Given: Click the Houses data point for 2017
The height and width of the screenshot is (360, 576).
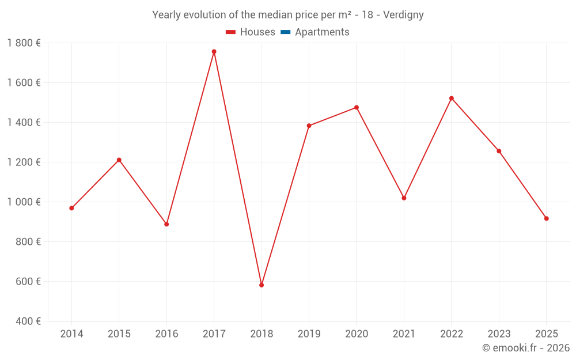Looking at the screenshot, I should pyautogui.click(x=214, y=51).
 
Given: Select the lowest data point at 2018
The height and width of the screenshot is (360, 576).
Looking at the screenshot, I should pyautogui.click(x=262, y=285).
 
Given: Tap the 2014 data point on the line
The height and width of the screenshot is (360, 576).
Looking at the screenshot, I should pyautogui.click(x=71, y=208).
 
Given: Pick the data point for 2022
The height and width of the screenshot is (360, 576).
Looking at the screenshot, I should pyautogui.click(x=452, y=98).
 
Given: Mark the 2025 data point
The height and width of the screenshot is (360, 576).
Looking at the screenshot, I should pyautogui.click(x=547, y=218).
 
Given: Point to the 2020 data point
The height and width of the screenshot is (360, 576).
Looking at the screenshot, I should pyautogui.click(x=357, y=107).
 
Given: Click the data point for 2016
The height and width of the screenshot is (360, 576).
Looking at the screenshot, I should pyautogui.click(x=166, y=224).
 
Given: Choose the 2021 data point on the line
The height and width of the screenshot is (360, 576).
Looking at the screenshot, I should pyautogui.click(x=404, y=198).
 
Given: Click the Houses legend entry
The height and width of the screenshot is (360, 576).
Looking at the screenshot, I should pyautogui.click(x=251, y=32).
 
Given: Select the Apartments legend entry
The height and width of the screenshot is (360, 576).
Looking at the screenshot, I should pyautogui.click(x=315, y=32).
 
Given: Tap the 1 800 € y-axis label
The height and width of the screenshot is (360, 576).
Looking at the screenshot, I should pyautogui.click(x=24, y=43).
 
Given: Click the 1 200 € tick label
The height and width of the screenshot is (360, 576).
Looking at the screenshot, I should pyautogui.click(x=24, y=162).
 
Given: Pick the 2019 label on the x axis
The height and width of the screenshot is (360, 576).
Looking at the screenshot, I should pyautogui.click(x=309, y=334).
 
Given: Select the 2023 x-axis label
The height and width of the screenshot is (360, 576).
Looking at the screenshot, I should pyautogui.click(x=499, y=334).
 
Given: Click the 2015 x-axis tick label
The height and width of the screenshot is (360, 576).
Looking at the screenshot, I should pyautogui.click(x=119, y=334).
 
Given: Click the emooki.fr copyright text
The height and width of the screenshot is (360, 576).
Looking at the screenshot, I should pyautogui.click(x=526, y=348).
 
